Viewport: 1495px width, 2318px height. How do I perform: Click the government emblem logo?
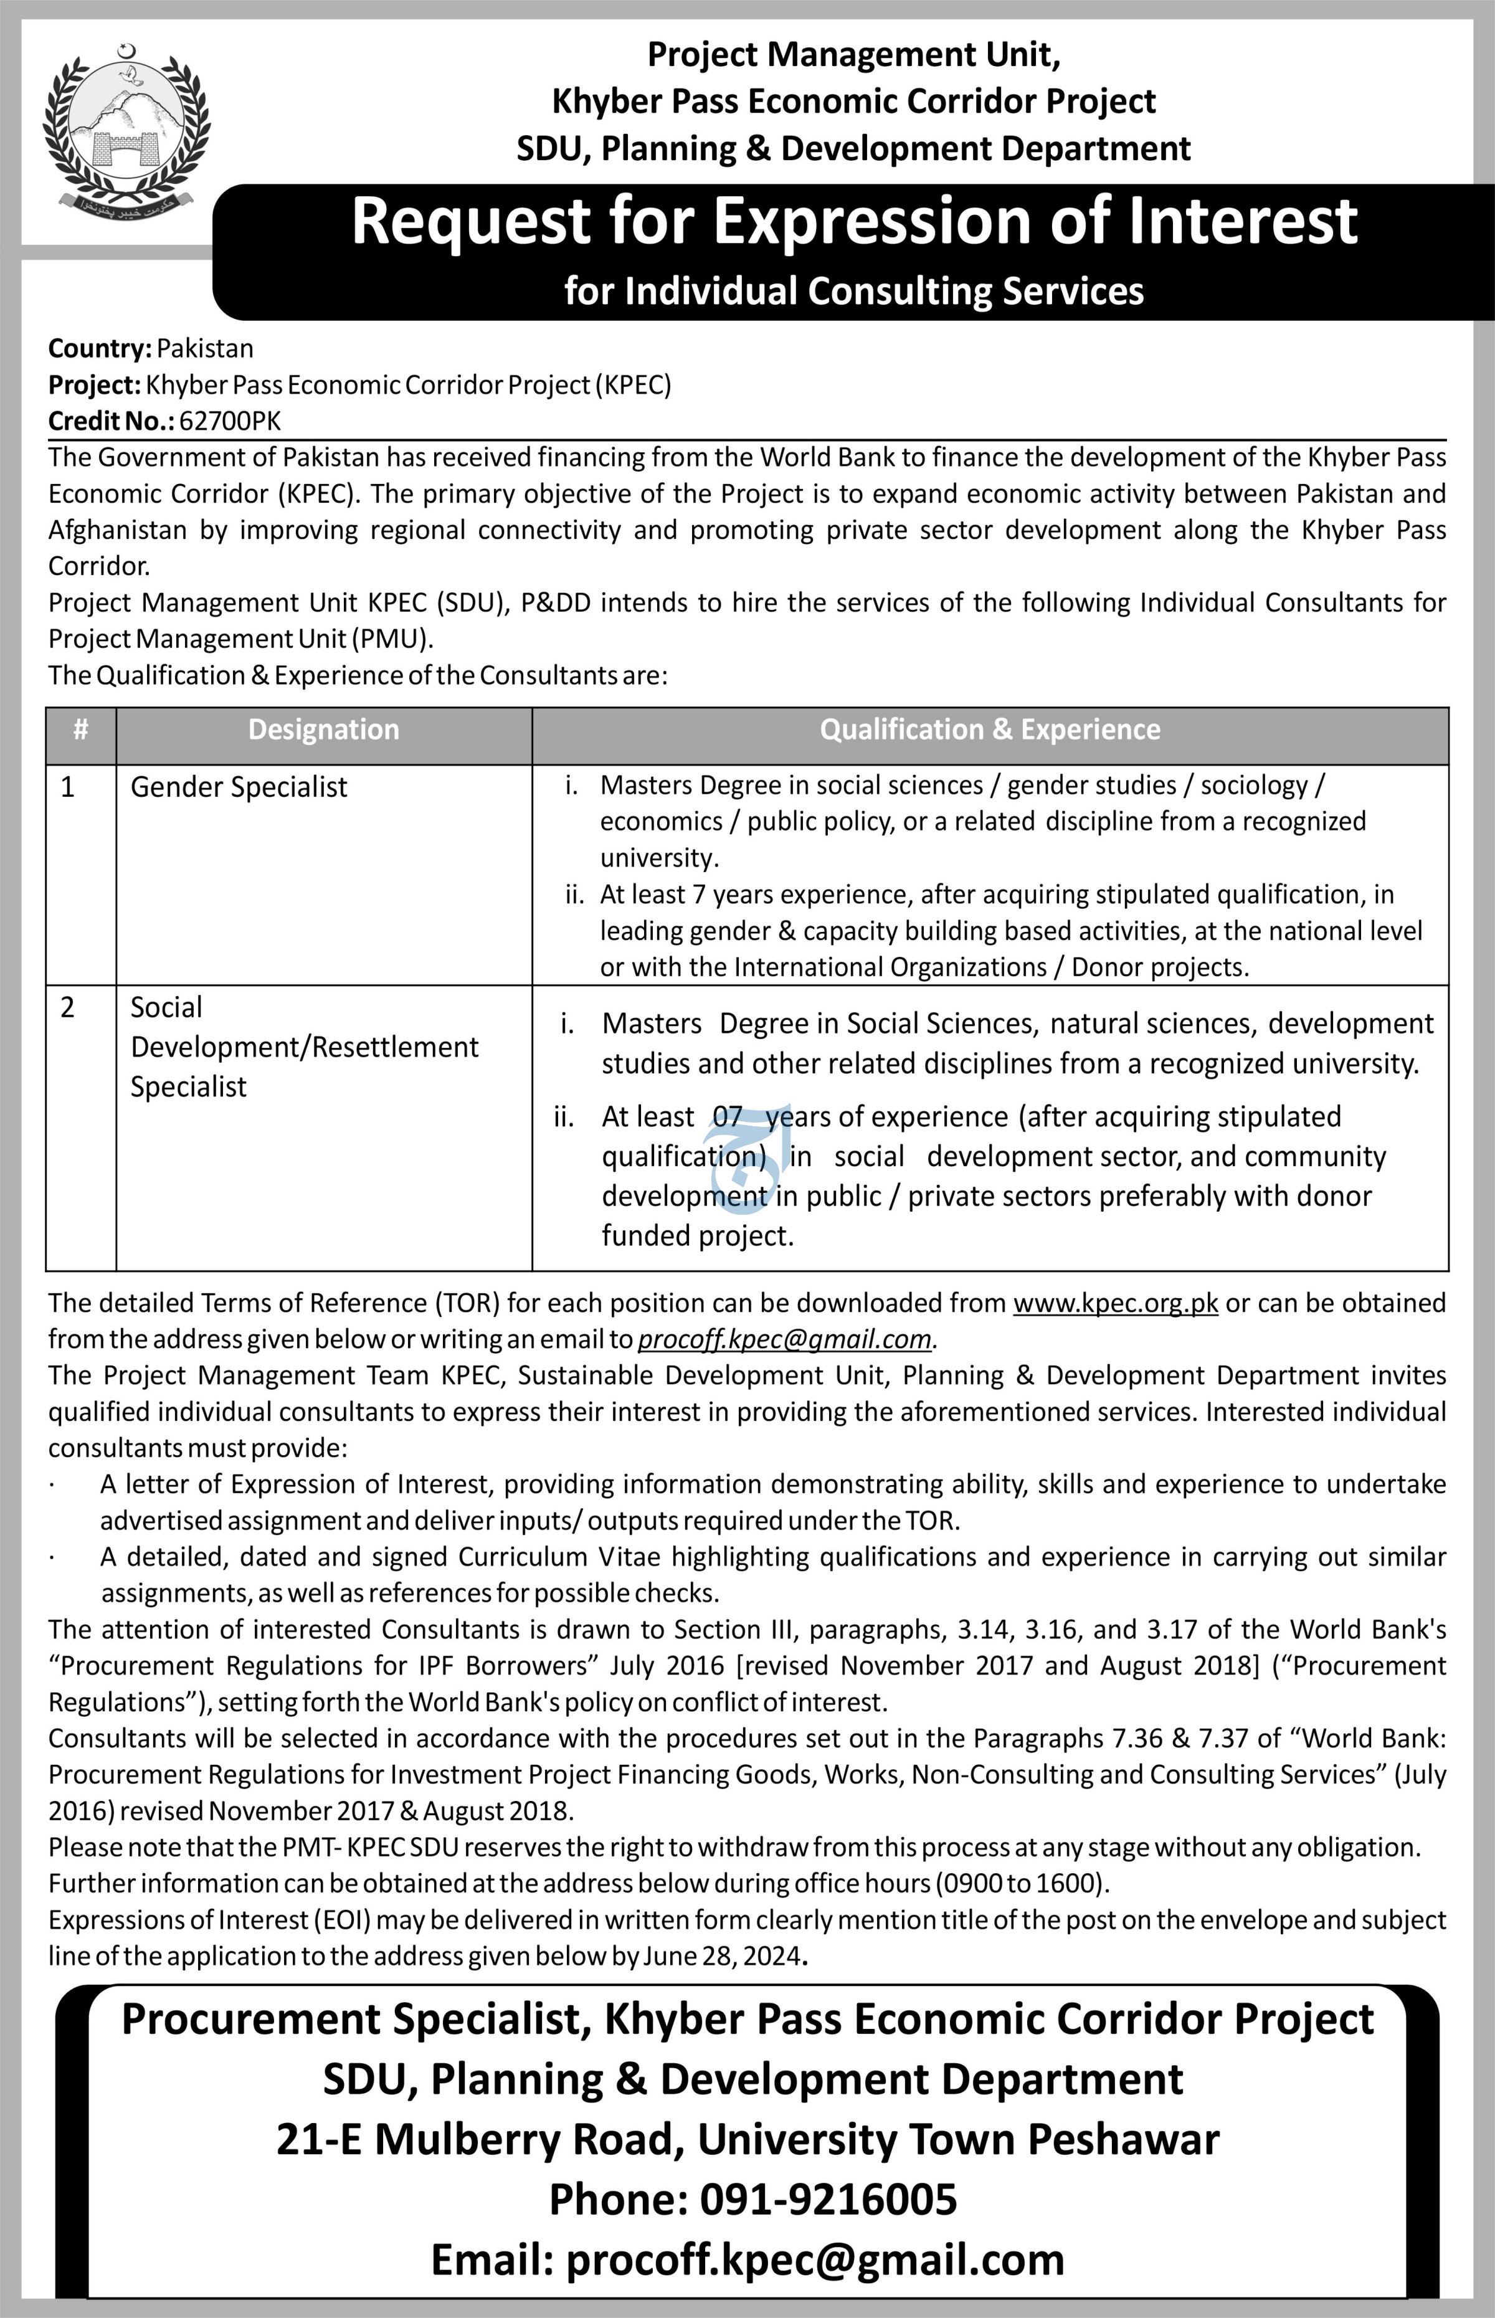tap(126, 132)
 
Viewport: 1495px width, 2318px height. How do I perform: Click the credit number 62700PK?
tap(230, 420)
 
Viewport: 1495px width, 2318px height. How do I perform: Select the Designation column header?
tap(323, 730)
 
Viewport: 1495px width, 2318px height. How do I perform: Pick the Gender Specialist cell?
tap(239, 787)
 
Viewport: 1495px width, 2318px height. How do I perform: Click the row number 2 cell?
tap(67, 1007)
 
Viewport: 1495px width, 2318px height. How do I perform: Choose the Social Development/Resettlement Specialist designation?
tap(304, 1047)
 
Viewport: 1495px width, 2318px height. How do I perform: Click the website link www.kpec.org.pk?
tap(1116, 1303)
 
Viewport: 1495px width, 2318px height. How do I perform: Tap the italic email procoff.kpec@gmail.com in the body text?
tap(784, 1339)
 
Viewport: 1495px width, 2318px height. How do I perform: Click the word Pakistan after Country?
tap(205, 348)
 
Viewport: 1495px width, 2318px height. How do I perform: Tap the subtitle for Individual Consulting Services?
tap(853, 291)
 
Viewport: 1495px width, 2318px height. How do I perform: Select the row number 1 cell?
tap(67, 787)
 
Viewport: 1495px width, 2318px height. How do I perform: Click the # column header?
tap(80, 730)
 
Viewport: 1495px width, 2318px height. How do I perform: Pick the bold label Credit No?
tap(112, 420)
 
